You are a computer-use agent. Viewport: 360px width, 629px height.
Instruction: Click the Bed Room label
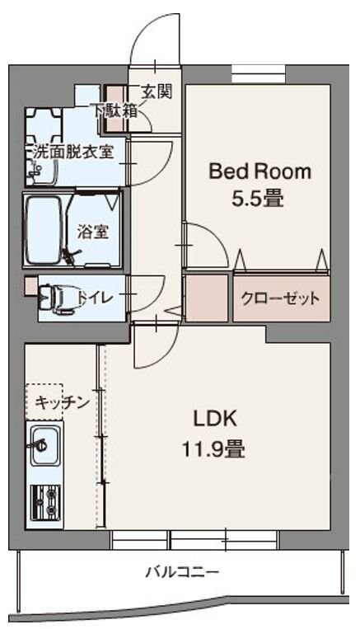click(259, 171)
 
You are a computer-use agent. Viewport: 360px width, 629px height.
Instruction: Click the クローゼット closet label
click(280, 298)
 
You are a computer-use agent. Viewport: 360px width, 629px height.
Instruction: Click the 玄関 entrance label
click(156, 92)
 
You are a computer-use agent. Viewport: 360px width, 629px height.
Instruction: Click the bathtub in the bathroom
click(45, 228)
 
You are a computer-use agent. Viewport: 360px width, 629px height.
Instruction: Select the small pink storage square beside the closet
click(205, 298)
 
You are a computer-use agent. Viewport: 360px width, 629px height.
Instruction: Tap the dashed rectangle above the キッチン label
click(44, 389)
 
